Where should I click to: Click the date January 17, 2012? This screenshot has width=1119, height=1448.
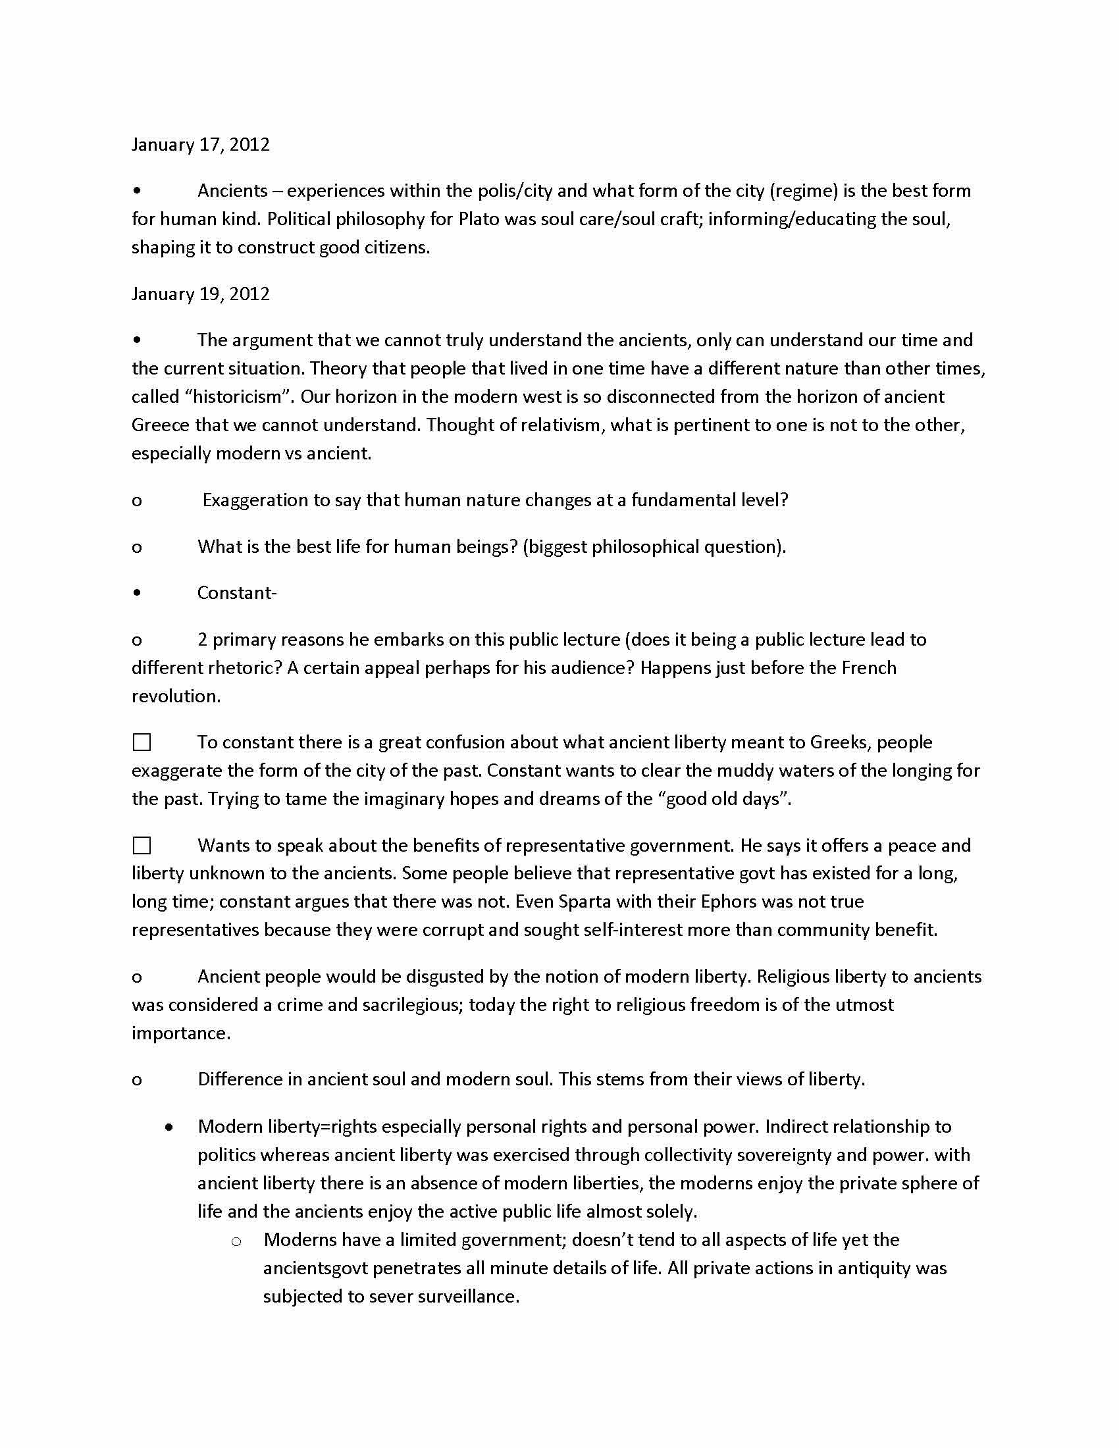tap(200, 145)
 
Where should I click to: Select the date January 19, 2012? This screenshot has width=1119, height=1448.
tap(200, 294)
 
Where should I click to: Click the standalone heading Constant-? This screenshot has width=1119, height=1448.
tap(237, 593)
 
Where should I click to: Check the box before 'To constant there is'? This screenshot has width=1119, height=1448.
tap(142, 742)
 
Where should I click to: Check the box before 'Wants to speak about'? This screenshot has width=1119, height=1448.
tap(142, 845)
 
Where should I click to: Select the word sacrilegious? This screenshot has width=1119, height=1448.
tap(411, 1005)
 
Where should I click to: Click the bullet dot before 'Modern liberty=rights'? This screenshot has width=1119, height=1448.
tap(170, 1126)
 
